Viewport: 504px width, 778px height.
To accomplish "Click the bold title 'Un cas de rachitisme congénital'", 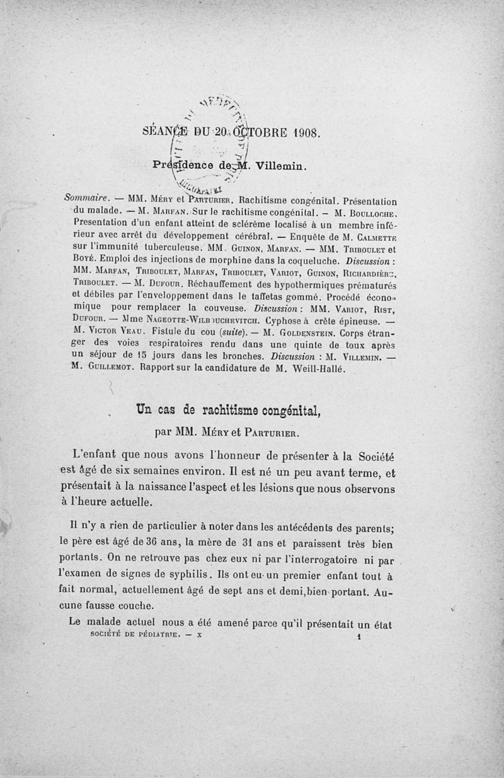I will coord(225,412).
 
